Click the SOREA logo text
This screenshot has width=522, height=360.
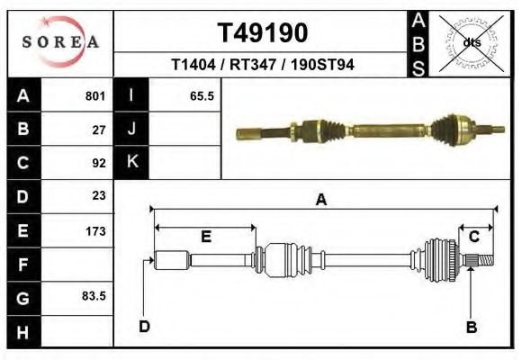click(59, 42)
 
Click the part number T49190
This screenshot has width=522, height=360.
click(263, 32)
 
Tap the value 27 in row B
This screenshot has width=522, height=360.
click(99, 130)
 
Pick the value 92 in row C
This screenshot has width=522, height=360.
click(99, 164)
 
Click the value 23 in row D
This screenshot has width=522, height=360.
click(99, 196)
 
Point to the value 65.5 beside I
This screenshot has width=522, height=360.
click(201, 95)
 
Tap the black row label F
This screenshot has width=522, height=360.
click(22, 265)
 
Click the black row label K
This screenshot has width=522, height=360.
click(132, 162)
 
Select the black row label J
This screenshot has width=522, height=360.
click(132, 129)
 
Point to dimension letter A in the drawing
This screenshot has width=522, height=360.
click(320, 201)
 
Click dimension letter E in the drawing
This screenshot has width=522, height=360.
click(205, 237)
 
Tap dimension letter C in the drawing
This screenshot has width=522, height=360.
click(473, 236)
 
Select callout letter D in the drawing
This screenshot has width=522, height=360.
click(145, 326)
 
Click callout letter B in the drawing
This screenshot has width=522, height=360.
click(471, 327)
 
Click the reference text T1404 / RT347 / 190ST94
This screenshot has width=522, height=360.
click(263, 65)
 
